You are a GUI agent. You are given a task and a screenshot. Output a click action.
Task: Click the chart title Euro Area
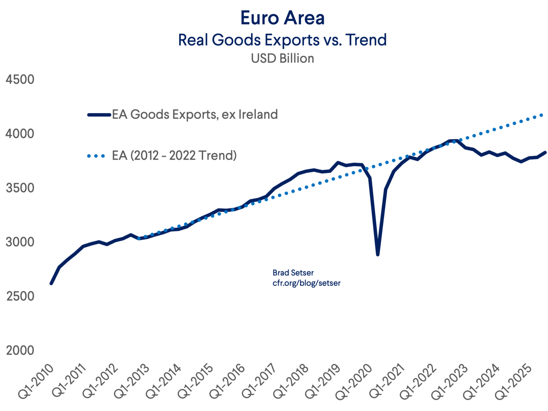click(x=282, y=18)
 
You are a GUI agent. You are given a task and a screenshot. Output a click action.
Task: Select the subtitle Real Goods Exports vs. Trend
click(x=282, y=40)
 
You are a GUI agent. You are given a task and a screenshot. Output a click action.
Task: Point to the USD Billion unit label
click(x=282, y=59)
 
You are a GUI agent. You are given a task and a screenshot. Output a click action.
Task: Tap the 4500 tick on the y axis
click(x=20, y=79)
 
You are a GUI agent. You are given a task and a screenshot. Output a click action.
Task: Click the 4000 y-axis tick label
click(x=20, y=134)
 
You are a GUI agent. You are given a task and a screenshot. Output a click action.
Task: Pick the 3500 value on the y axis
click(x=20, y=188)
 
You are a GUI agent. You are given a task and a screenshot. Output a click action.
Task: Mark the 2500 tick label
click(x=20, y=296)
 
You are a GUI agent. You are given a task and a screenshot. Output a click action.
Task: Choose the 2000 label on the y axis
click(x=20, y=350)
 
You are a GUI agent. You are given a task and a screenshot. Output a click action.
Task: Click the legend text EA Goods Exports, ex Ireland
click(x=195, y=114)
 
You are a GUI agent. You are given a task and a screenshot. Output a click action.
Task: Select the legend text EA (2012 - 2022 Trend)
click(x=174, y=156)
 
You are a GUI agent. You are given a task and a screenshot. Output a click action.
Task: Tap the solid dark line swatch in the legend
click(x=99, y=115)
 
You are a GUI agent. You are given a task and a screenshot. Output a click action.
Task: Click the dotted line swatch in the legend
click(x=96, y=156)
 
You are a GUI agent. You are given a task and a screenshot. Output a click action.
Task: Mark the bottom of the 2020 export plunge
click(x=378, y=254)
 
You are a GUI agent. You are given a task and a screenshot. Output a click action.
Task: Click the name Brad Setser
click(x=293, y=273)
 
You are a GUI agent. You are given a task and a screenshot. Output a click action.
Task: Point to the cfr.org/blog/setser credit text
click(x=307, y=283)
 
